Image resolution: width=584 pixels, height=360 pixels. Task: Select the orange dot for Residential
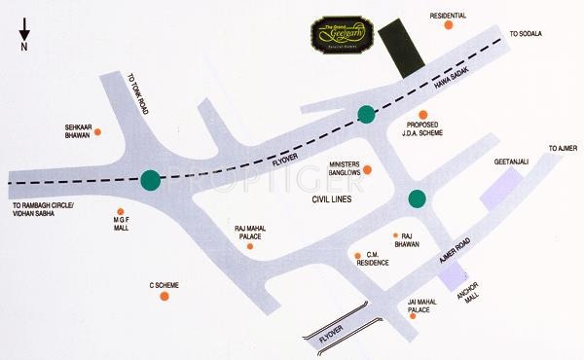(x=448, y=27)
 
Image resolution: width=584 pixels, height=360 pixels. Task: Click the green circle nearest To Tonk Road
(x=150, y=180)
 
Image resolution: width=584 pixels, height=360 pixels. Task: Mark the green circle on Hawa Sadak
(x=366, y=114)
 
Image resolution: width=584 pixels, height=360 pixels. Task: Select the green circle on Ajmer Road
(x=418, y=199)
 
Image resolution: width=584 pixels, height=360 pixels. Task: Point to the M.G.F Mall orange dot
(x=120, y=212)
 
